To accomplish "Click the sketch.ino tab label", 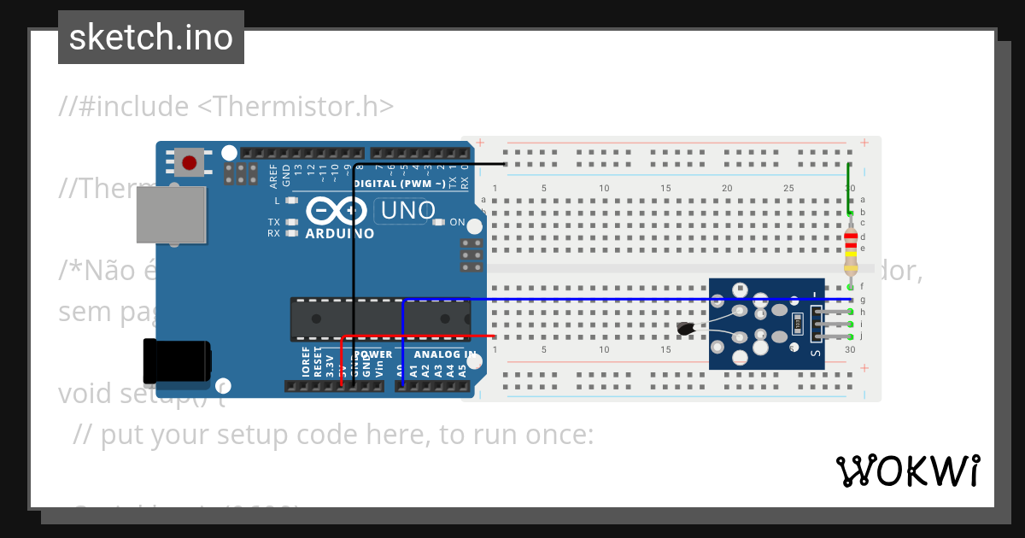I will click(151, 38).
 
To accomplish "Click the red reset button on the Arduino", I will click(189, 162).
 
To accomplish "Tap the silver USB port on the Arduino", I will click(172, 215).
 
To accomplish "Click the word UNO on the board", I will click(407, 210).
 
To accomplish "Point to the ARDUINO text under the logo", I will click(339, 233).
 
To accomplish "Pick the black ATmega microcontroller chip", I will click(380, 319).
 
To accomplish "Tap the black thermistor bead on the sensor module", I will click(686, 329).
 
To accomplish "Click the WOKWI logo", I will click(907, 471).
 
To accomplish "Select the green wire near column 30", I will click(848, 190).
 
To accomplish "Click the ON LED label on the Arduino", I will click(457, 222).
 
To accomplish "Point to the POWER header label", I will click(372, 354).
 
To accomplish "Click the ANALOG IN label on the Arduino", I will click(445, 354).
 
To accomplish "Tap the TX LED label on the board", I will click(274, 221).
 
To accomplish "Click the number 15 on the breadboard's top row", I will click(665, 188).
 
